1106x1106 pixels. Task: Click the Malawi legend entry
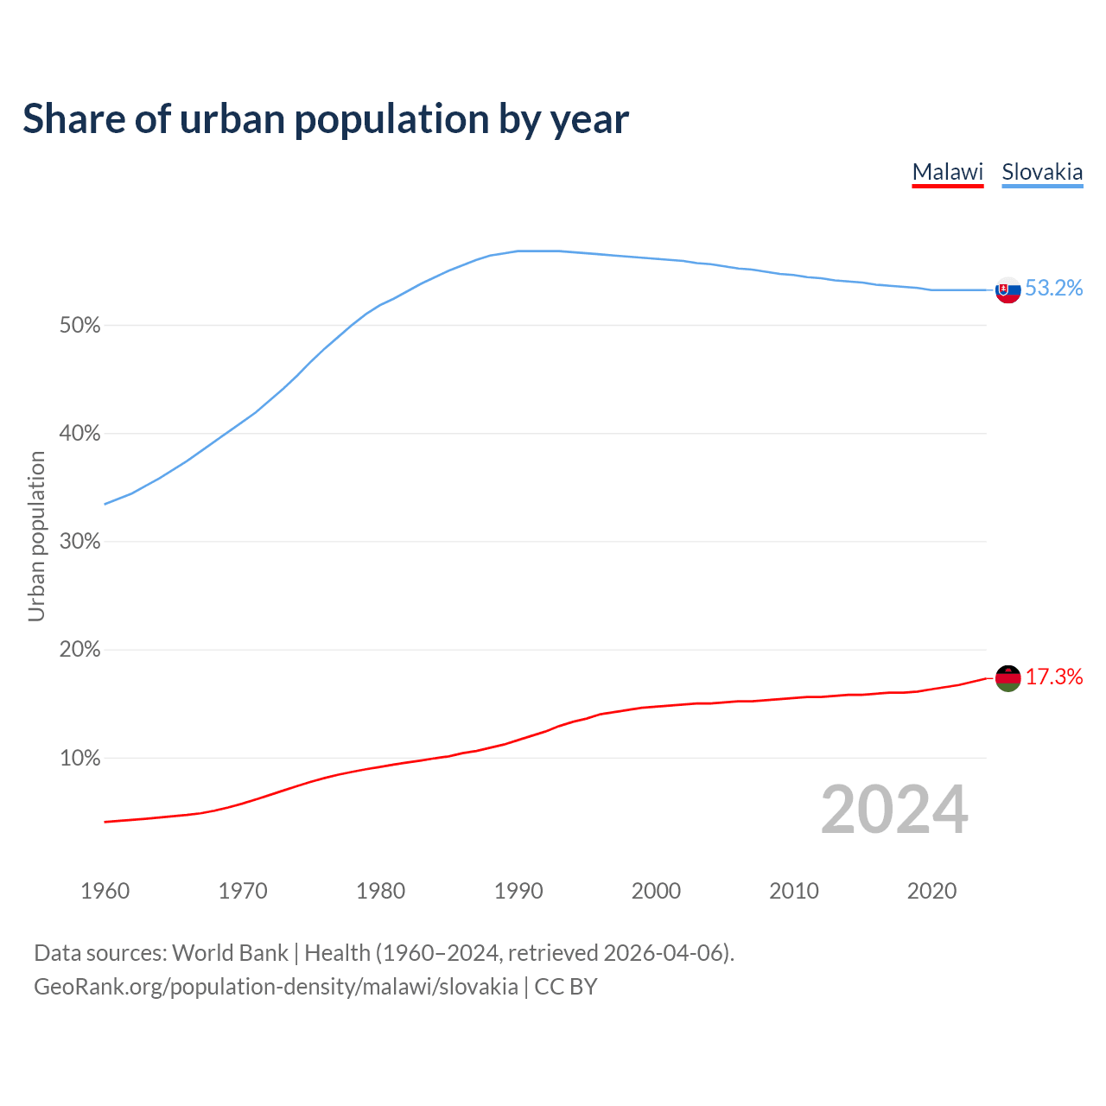coord(948,172)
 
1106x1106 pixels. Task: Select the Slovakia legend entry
coord(1042,172)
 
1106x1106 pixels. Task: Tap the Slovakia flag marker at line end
coord(1008,290)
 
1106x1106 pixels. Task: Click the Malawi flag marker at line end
coord(1008,678)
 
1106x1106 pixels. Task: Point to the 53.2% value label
coord(1054,289)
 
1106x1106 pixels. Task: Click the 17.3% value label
coord(1054,677)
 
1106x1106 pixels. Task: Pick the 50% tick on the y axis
coord(79,326)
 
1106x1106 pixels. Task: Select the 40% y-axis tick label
coord(79,434)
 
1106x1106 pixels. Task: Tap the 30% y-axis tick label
coord(79,542)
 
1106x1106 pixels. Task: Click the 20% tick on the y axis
coord(79,650)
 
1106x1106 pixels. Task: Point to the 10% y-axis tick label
coord(79,759)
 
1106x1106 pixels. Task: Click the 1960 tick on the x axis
coord(105,891)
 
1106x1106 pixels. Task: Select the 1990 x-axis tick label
coord(518,891)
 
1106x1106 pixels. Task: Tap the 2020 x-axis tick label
coord(931,891)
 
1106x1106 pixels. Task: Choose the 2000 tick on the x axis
coord(657,891)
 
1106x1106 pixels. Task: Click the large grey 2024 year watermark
coord(894,810)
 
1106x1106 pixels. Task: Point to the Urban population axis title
coord(36,536)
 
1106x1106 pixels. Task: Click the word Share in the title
coord(73,119)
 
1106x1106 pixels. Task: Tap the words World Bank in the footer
coord(230,953)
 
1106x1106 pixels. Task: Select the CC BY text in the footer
coord(566,987)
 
